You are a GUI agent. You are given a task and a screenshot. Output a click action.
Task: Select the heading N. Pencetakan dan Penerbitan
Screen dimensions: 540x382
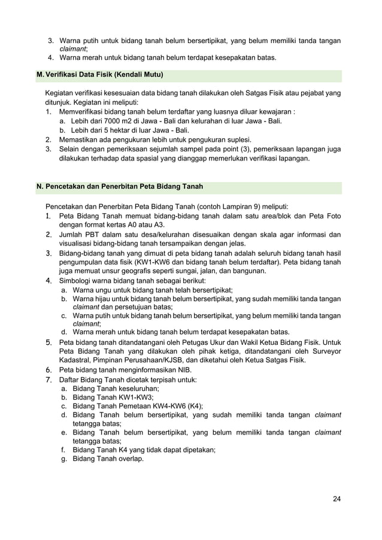[119, 187]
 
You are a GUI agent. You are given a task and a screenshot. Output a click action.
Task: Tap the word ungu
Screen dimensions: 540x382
[107, 289]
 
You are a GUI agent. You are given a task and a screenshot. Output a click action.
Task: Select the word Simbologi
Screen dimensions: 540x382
[77, 280]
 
